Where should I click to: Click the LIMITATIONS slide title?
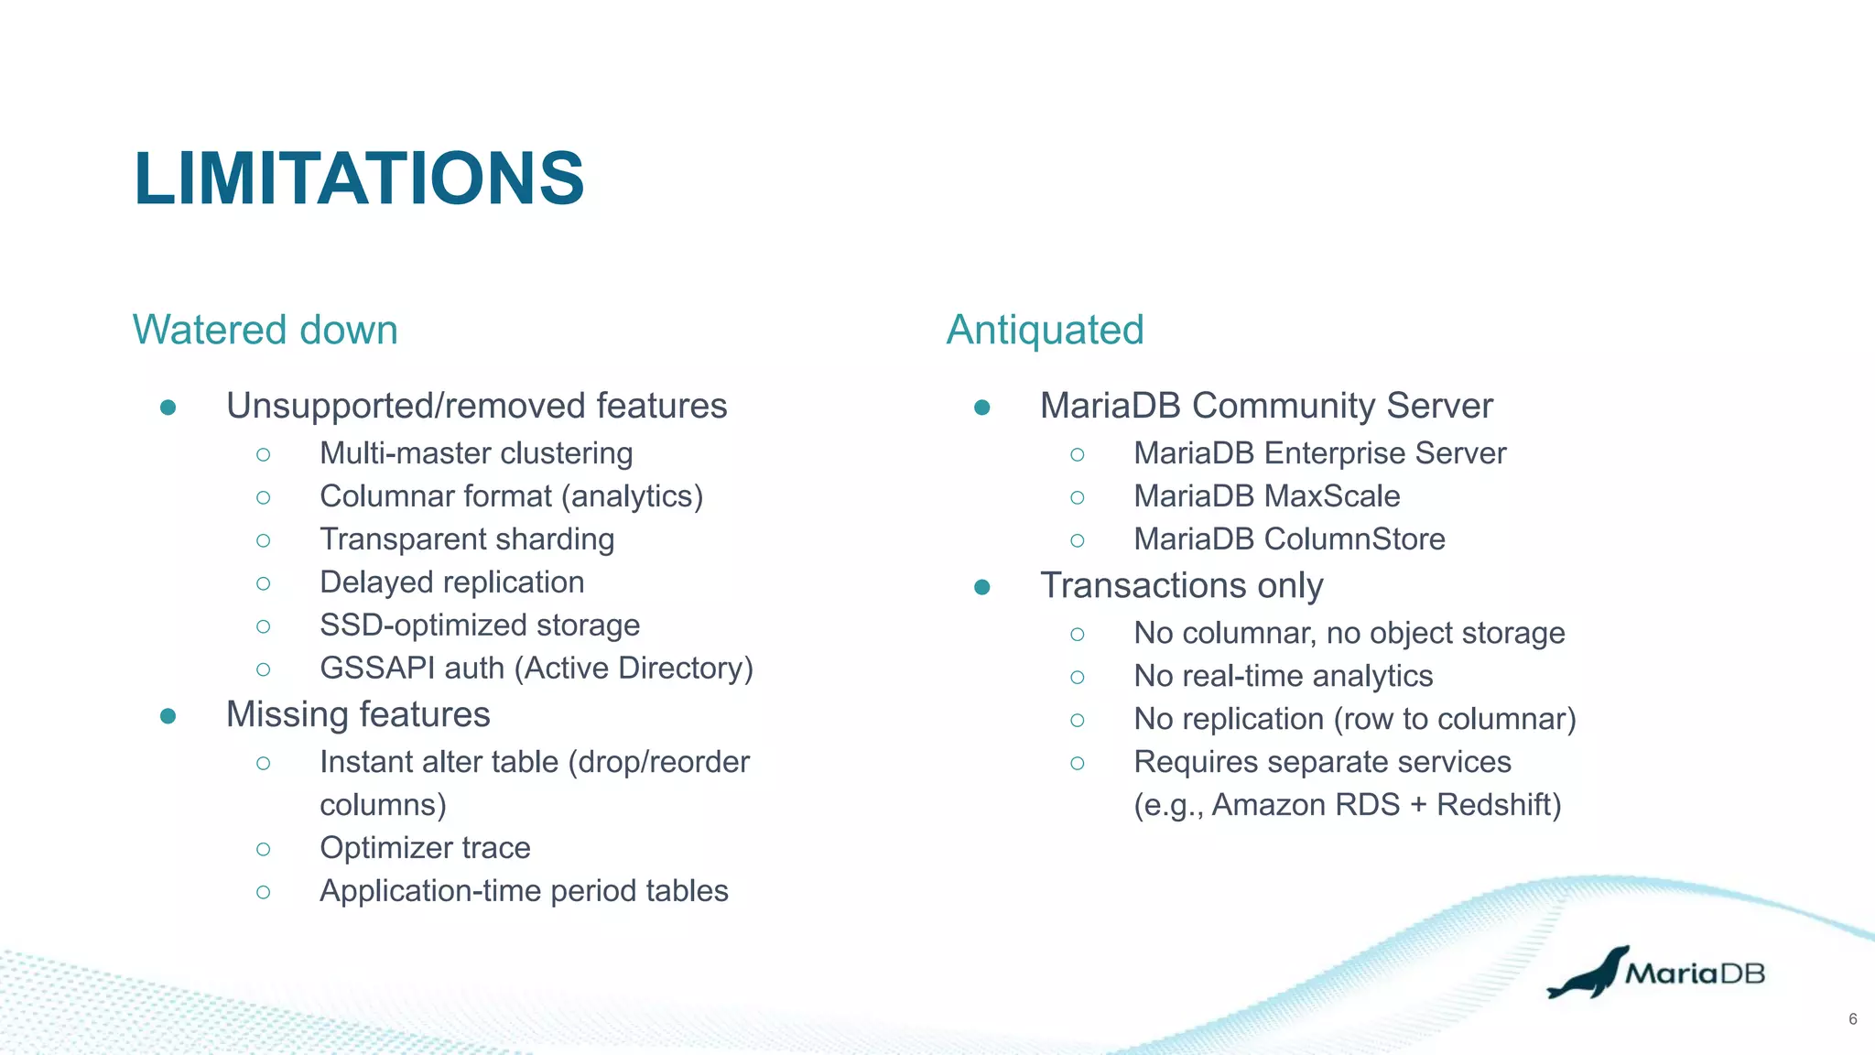pyautogui.click(x=359, y=179)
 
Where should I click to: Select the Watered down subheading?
pyautogui.click(x=266, y=330)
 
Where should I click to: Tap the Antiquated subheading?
pyautogui.click(x=1045, y=330)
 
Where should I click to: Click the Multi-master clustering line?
pyautogui.click(x=476, y=453)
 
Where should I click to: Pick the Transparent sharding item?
pyautogui.click(x=467, y=539)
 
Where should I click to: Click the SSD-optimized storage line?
pyautogui.click(x=480, y=625)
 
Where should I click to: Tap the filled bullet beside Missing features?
pyautogui.click(x=168, y=715)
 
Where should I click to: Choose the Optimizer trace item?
pyautogui.click(x=425, y=848)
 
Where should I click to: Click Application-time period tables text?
pyautogui.click(x=524, y=891)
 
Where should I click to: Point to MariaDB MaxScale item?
pyautogui.click(x=1267, y=496)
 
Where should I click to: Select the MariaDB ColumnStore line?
pyautogui.click(x=1289, y=539)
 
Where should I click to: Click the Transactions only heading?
pyautogui.click(x=1181, y=585)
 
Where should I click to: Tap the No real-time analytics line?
pyautogui.click(x=1283, y=676)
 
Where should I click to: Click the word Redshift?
pyautogui.click(x=1498, y=805)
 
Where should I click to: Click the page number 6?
pyautogui.click(x=1852, y=1019)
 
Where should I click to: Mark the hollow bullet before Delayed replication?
pyautogui.click(x=264, y=583)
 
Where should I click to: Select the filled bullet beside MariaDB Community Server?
pyautogui.click(x=982, y=407)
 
